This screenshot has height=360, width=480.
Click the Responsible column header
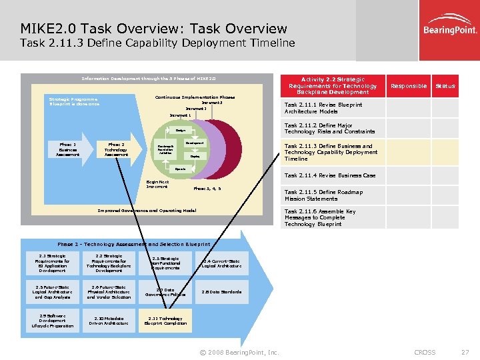tap(408, 86)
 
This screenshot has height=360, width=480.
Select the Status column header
tap(445, 86)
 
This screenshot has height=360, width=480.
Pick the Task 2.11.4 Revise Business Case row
tap(330, 175)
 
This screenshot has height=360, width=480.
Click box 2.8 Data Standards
tap(221, 291)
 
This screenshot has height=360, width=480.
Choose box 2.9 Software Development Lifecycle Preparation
tap(52, 321)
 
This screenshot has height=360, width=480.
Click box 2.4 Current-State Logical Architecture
tap(221, 263)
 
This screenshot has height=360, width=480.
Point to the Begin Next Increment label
tap(157, 183)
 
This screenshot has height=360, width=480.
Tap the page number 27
tap(465, 352)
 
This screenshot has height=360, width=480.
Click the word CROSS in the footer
tap(425, 352)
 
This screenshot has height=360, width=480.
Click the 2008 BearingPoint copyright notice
tap(239, 352)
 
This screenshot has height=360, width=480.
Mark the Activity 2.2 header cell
tap(333, 85)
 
